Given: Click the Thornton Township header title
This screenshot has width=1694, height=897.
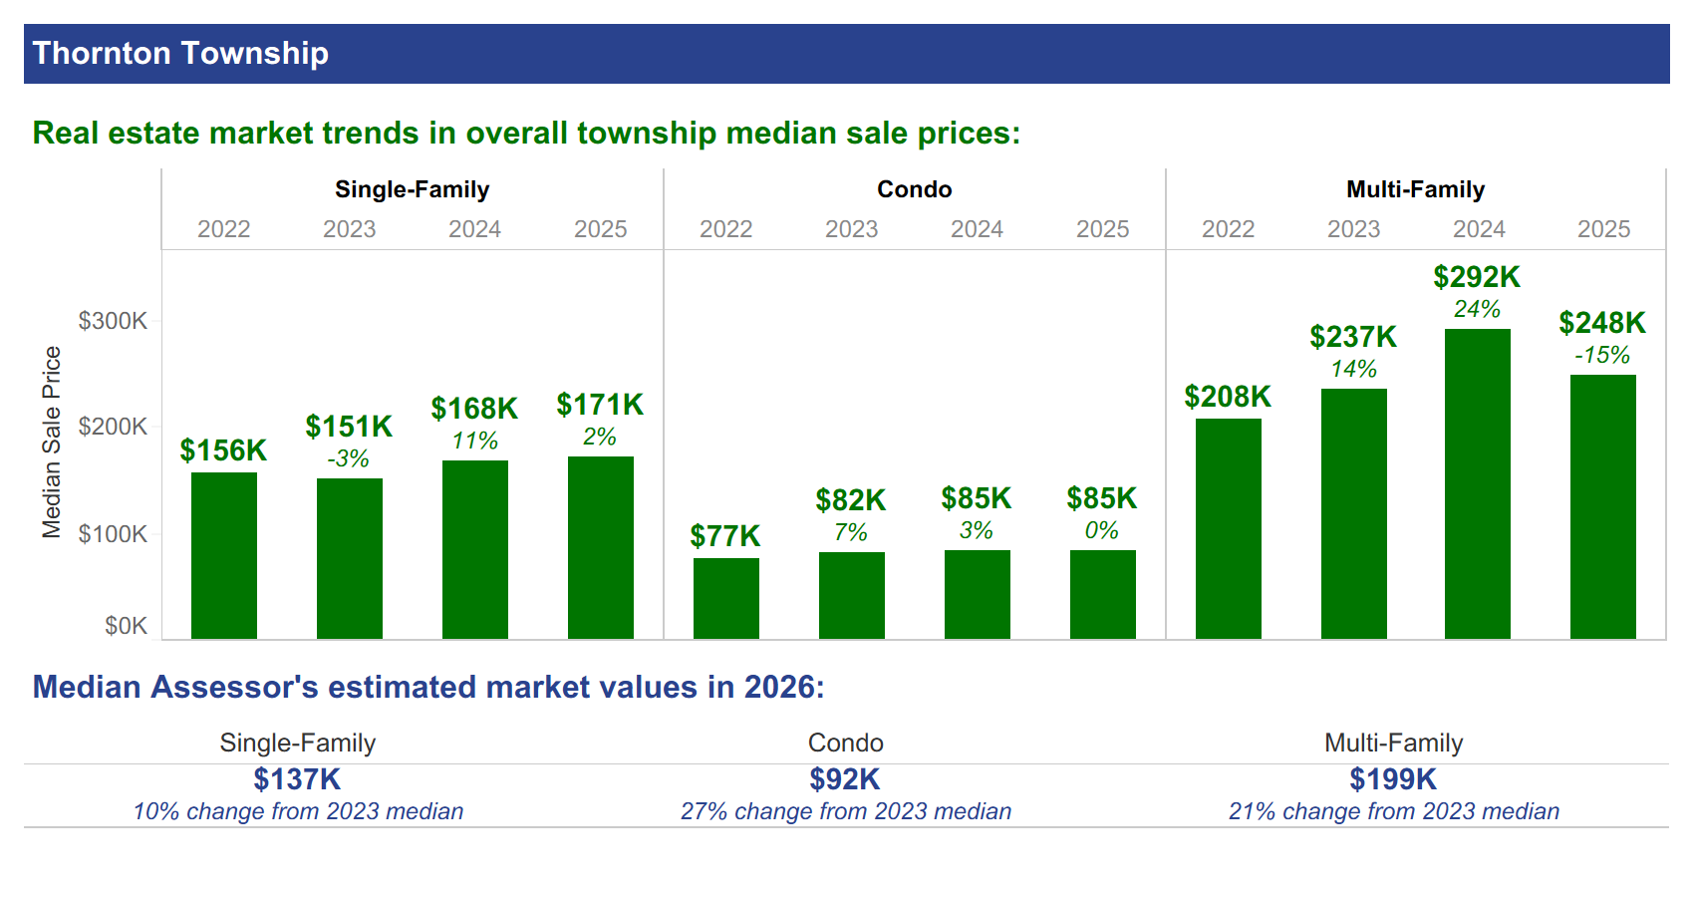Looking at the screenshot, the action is [180, 54].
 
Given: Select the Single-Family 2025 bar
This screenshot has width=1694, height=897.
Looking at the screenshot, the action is [601, 547].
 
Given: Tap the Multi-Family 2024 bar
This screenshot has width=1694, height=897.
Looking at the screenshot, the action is [1477, 484].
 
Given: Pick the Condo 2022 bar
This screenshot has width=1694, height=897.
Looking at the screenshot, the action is [726, 598].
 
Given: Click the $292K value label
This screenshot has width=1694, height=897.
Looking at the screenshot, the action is [1476, 277].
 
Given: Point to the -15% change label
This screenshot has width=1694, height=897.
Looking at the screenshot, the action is [1601, 355].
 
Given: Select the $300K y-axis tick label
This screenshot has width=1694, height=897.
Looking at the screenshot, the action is [113, 321].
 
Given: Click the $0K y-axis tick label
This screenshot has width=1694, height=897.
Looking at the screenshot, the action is [127, 626].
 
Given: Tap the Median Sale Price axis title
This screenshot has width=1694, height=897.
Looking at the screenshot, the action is [52, 443].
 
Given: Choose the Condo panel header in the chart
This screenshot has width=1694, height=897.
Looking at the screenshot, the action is [915, 189].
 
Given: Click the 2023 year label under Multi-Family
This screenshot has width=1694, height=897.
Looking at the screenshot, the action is [1353, 229].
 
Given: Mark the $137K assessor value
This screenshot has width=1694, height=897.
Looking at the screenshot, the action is [297, 779].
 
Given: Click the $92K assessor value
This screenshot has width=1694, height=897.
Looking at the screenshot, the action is [845, 779].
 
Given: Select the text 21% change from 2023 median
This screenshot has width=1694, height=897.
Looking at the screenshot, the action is [1394, 811].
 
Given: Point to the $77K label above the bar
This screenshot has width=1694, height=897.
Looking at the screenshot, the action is [724, 536].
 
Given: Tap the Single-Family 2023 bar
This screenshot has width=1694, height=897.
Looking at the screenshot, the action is [350, 559].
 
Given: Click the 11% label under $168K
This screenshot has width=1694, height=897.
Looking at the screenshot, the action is [475, 441].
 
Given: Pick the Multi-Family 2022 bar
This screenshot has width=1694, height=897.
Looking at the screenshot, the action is [1228, 528].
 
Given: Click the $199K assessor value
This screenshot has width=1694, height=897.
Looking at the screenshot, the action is [1393, 779].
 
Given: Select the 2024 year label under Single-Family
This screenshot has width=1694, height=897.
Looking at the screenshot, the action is [475, 229].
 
